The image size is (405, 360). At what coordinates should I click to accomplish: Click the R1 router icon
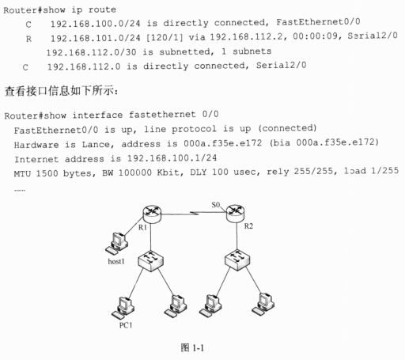(152, 214)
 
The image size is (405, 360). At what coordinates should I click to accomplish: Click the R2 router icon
(236, 213)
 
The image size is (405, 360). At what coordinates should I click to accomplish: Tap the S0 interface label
(216, 205)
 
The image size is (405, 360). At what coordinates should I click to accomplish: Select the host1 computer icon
(117, 244)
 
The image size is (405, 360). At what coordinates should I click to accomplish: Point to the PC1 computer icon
(123, 308)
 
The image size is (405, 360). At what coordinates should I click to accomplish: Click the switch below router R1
(150, 261)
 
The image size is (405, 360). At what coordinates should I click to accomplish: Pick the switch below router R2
(237, 260)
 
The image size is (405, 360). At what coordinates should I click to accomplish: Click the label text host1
(116, 261)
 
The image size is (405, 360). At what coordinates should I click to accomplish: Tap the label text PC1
(126, 325)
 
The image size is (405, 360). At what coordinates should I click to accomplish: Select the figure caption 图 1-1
(192, 348)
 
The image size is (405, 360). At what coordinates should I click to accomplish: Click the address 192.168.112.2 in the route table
(248, 36)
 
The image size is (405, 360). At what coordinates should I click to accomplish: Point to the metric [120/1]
(165, 37)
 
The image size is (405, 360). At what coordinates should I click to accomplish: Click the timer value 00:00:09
(316, 36)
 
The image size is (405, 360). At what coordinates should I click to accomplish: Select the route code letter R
(28, 39)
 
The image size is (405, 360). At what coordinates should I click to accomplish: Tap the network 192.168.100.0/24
(95, 24)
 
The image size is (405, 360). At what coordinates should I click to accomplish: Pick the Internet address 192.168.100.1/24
(172, 158)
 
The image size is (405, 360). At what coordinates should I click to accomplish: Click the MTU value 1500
(47, 173)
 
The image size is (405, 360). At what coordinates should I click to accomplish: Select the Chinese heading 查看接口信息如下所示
(61, 91)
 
